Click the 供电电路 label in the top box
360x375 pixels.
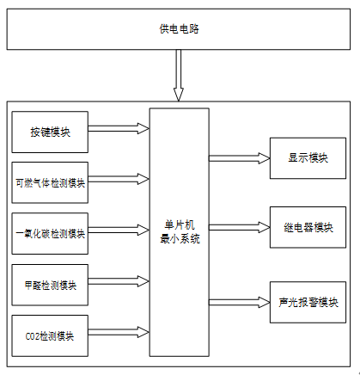tap(179, 29)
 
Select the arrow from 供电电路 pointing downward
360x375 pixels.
tap(179, 76)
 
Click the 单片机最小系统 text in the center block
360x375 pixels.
tap(180, 232)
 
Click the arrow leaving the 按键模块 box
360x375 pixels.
tap(119, 128)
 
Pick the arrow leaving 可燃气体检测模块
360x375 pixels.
tap(119, 179)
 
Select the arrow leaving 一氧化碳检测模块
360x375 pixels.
tap(119, 231)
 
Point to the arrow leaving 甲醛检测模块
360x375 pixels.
tap(119, 281)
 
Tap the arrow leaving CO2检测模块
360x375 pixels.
tap(119, 332)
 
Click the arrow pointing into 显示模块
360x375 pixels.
tap(240, 158)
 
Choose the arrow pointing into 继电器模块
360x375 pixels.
tap(240, 227)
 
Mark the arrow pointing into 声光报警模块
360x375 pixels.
tap(240, 302)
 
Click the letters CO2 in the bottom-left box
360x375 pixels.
tap(33, 336)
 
